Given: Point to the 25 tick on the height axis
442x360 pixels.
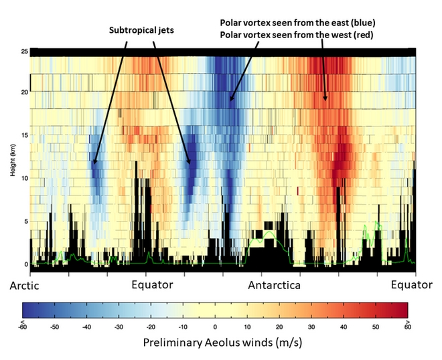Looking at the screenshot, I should pyautogui.click(x=26, y=52).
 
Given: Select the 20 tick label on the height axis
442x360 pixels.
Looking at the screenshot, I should pyautogui.click(x=26, y=94).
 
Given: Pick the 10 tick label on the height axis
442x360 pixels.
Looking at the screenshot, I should pyautogui.click(x=26, y=179).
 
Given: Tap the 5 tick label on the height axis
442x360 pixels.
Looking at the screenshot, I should pyautogui.click(x=27, y=221).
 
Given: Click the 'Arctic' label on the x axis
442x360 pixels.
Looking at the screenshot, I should pyautogui.click(x=25, y=286).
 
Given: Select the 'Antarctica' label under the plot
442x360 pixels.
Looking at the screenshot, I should pyautogui.click(x=274, y=286).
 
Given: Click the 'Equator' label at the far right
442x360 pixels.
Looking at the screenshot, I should pyautogui.click(x=411, y=285).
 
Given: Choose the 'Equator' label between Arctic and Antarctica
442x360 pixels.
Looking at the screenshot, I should pyautogui.click(x=152, y=285).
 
